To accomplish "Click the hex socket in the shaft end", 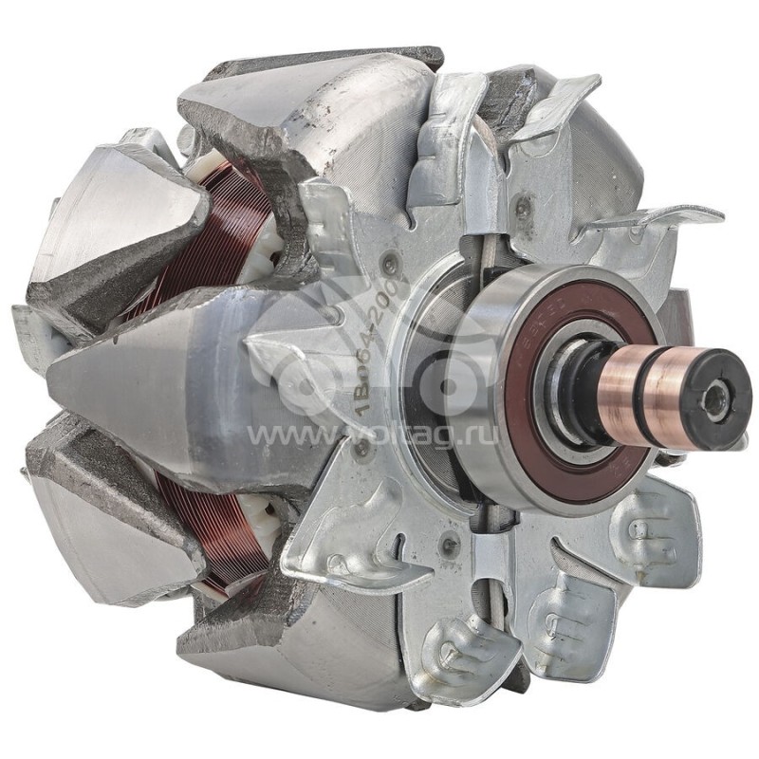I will tap(733, 388).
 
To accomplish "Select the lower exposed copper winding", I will tap(204, 531).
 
